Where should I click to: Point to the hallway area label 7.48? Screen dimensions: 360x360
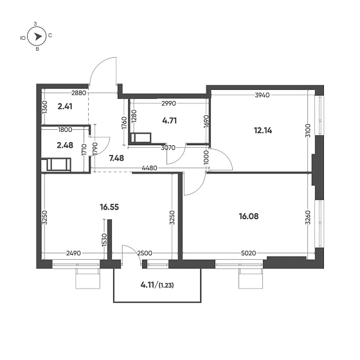point(117,158)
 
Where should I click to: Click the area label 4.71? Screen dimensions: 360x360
point(169,119)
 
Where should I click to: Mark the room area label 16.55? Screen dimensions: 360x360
point(111,208)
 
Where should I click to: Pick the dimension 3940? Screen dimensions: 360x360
point(262,95)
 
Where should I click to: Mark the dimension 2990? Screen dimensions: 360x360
point(169,103)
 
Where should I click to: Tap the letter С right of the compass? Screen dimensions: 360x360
point(50,37)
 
